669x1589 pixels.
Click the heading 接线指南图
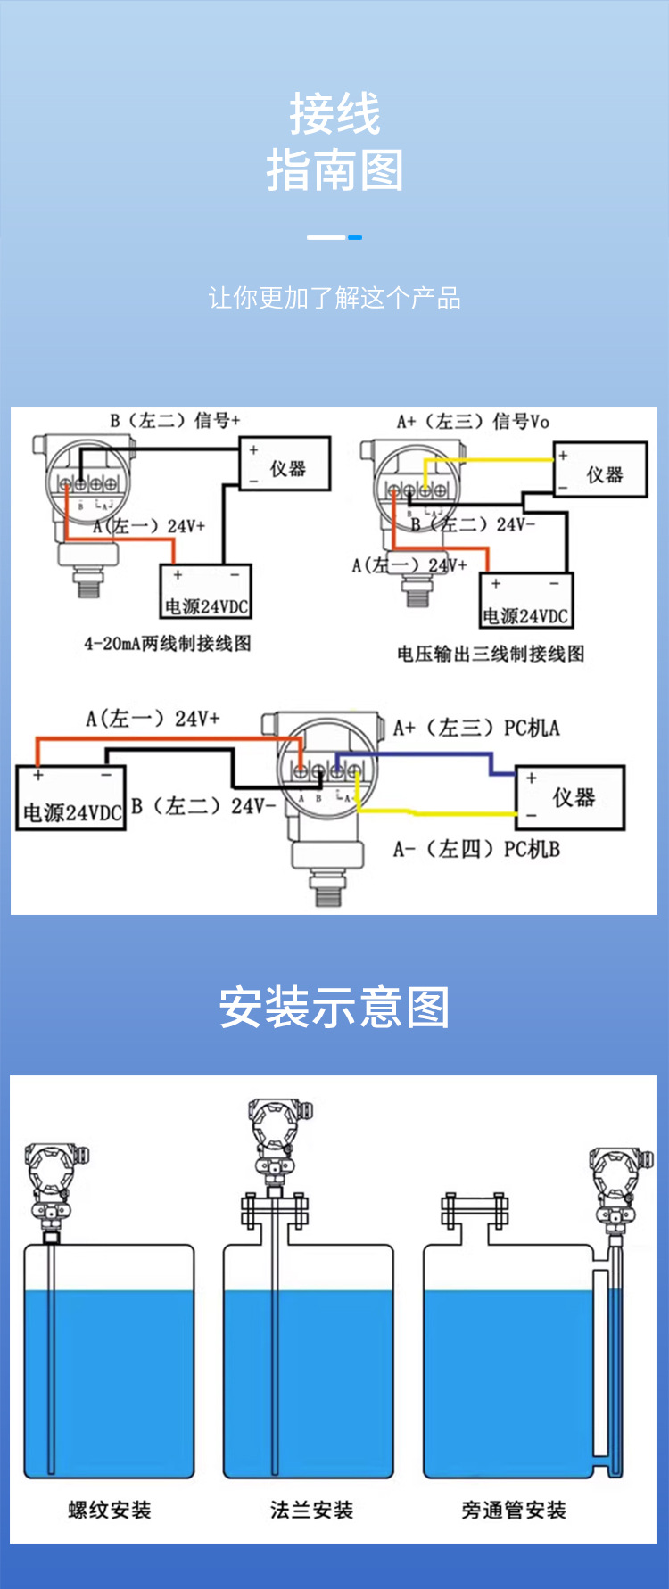[x=334, y=142]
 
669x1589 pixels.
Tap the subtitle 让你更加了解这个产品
[x=334, y=298]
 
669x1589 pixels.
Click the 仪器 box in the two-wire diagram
[x=285, y=464]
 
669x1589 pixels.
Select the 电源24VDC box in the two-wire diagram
[x=206, y=591]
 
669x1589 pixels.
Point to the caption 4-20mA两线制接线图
[x=168, y=643]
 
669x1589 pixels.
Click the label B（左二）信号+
[x=175, y=420]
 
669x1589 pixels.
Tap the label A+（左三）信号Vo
[x=473, y=422]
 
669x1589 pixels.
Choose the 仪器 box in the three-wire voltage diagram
[x=600, y=470]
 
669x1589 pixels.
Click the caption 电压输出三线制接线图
[x=491, y=654]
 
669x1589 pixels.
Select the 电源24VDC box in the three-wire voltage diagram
[x=526, y=601]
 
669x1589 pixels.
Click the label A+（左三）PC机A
[x=476, y=728]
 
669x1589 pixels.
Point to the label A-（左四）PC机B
[x=476, y=849]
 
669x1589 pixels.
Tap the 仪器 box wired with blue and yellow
[x=570, y=797]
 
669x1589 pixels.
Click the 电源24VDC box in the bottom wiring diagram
[x=70, y=798]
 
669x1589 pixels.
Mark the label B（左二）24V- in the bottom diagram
[x=203, y=806]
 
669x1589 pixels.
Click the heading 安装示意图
[x=334, y=1008]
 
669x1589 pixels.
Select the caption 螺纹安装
[x=110, y=1510]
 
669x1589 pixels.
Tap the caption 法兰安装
[x=311, y=1510]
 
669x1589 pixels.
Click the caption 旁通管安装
[x=514, y=1510]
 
